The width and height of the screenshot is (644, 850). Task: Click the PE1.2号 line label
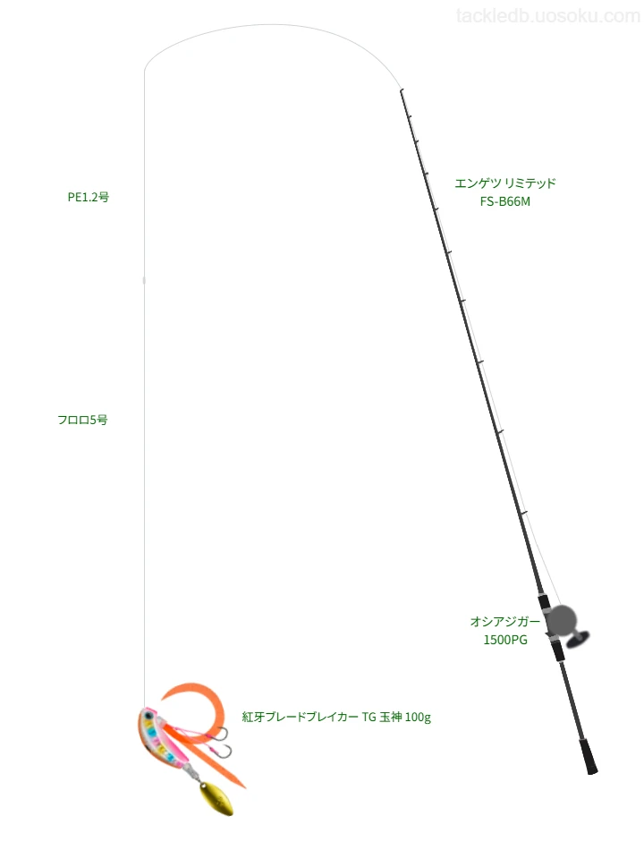coord(89,198)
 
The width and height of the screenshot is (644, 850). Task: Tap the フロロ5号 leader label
coord(82,420)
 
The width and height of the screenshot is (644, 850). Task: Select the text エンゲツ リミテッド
coord(505,183)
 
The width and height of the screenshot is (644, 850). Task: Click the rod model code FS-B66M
coord(505,201)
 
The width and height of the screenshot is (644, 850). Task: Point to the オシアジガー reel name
coord(505,621)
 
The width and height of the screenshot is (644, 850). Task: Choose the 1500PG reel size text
coord(505,640)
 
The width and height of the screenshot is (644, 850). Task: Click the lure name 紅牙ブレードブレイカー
coord(300,718)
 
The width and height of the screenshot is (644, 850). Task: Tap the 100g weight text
coord(418,718)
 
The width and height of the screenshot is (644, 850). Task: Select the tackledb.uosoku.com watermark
coord(548,16)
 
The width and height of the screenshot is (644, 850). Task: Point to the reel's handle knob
coord(578,640)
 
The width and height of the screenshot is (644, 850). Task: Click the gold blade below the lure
coord(216,797)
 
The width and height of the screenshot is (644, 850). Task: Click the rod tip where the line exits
coord(401,89)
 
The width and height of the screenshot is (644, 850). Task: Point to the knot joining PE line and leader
coord(144,280)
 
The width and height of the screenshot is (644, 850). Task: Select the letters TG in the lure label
coord(369,718)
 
